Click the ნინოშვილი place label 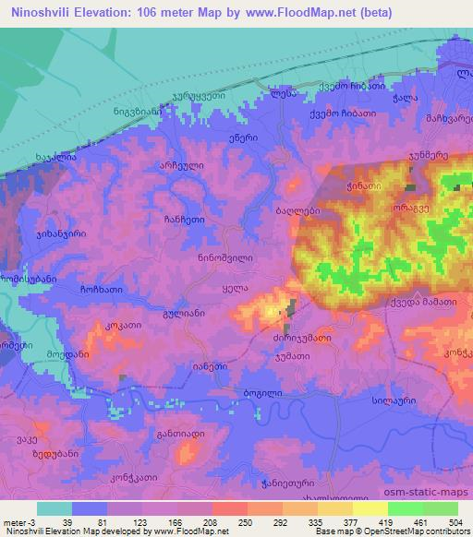tap(225, 259)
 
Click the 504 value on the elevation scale tap(455, 498)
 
